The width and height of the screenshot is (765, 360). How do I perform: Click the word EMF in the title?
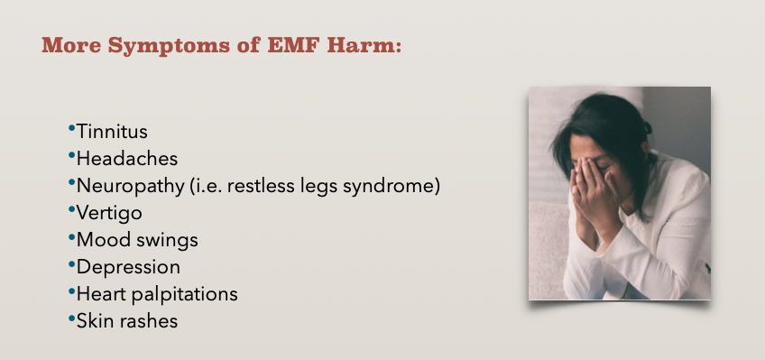pyautogui.click(x=294, y=45)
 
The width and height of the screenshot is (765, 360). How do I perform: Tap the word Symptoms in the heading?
pyautogui.click(x=169, y=46)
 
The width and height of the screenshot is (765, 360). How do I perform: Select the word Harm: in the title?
pyautogui.click(x=364, y=45)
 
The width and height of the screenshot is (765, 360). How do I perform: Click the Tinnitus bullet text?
pyautogui.click(x=112, y=132)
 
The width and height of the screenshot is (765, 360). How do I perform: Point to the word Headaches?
pyautogui.click(x=127, y=159)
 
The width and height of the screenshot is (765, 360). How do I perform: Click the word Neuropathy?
pyautogui.click(x=130, y=187)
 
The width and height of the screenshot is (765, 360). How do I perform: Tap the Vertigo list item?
pyautogui.click(x=109, y=213)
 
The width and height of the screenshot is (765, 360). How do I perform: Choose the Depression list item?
pyautogui.click(x=128, y=267)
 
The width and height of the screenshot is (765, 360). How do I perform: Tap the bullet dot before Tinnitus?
pyautogui.click(x=72, y=129)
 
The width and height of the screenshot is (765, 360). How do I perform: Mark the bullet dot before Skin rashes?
pyautogui.click(x=72, y=318)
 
